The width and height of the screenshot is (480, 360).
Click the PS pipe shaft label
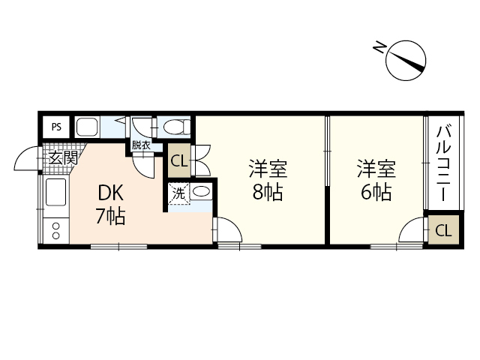[56, 127]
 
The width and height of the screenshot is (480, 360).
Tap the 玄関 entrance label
[64, 158]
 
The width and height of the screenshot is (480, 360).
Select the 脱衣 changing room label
[140, 145]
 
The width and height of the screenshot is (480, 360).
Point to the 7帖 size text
[109, 217]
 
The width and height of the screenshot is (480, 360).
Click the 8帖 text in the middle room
[268, 192]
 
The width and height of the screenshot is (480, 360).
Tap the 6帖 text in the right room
[376, 192]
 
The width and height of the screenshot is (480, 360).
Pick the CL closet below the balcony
[443, 231]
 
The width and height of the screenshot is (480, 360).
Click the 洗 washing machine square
[178, 193]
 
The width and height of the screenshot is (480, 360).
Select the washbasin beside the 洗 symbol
[201, 193]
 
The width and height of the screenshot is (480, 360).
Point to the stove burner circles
[55, 229]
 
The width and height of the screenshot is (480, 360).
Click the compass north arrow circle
[406, 59]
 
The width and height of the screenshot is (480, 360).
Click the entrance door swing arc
[28, 160]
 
